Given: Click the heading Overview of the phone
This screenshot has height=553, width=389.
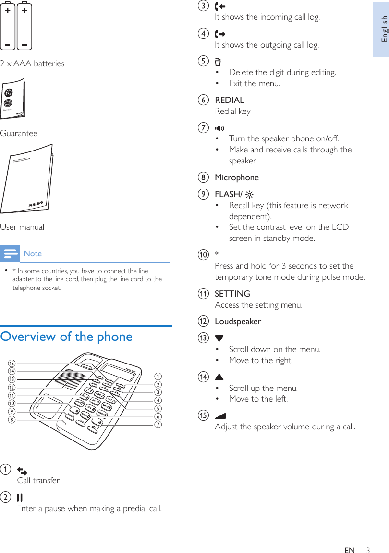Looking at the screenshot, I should pyautogui.click(x=66, y=337).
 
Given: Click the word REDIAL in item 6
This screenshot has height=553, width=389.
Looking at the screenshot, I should pyautogui.click(x=229, y=100).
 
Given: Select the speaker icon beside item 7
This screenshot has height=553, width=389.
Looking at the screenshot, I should pyautogui.click(x=219, y=128).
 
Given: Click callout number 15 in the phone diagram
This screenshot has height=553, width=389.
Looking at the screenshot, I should pyautogui.click(x=12, y=363).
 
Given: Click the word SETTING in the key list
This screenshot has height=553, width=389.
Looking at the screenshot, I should pyautogui.click(x=232, y=294).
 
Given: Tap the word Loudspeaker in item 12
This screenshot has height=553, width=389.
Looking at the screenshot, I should pyautogui.click(x=238, y=321).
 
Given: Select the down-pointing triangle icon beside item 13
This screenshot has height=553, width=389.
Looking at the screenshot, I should pyautogui.click(x=219, y=339).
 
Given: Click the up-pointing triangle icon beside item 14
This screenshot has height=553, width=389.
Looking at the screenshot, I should pyautogui.click(x=219, y=377).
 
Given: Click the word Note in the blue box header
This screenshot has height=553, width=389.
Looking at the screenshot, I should pyautogui.click(x=33, y=253).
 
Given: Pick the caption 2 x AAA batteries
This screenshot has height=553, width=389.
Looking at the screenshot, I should pyautogui.click(x=32, y=63).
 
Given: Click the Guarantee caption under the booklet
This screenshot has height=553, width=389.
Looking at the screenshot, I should pyautogui.click(x=19, y=133).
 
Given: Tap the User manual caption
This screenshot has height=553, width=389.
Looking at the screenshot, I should pyautogui.click(x=22, y=227).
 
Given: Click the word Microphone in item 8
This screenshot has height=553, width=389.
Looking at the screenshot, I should pyautogui.click(x=236, y=177).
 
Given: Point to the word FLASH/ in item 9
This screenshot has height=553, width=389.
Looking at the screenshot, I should pyautogui.click(x=228, y=194).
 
